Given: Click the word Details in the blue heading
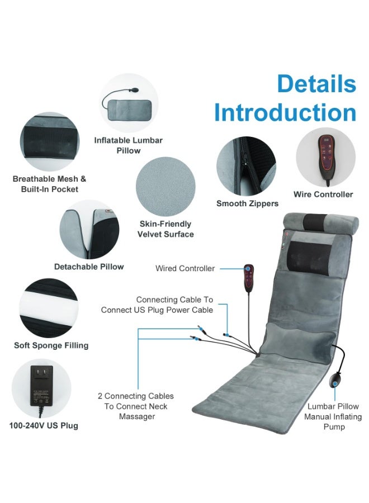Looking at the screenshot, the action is pyautogui.click(x=316, y=84).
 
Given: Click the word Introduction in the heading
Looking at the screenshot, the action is pyautogui.click(x=285, y=112).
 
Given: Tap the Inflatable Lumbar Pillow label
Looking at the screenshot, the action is pyautogui.click(x=129, y=145).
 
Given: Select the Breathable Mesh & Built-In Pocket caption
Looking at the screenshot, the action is pyautogui.click(x=49, y=184).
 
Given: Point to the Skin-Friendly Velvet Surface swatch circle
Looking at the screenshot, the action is pyautogui.click(x=165, y=186).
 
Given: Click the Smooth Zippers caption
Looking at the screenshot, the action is pyautogui.click(x=247, y=203).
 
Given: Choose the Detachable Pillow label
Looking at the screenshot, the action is pyautogui.click(x=89, y=267).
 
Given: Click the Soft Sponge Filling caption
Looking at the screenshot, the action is pyautogui.click(x=51, y=345).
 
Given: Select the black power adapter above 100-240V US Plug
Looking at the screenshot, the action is pyautogui.click(x=41, y=386).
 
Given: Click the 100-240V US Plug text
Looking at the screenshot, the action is pyautogui.click(x=44, y=426).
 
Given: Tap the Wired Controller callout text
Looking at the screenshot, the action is pyautogui.click(x=185, y=268).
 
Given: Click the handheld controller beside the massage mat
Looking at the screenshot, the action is pyautogui.click(x=249, y=278).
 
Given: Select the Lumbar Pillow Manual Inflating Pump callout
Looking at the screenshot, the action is pyautogui.click(x=333, y=416).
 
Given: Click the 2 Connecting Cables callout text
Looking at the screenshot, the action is pyautogui.click(x=136, y=406).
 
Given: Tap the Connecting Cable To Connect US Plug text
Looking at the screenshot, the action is pyautogui.click(x=157, y=305).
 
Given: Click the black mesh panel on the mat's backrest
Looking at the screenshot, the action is pyautogui.click(x=309, y=259).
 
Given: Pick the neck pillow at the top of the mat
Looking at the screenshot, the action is pyautogui.click(x=321, y=222).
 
